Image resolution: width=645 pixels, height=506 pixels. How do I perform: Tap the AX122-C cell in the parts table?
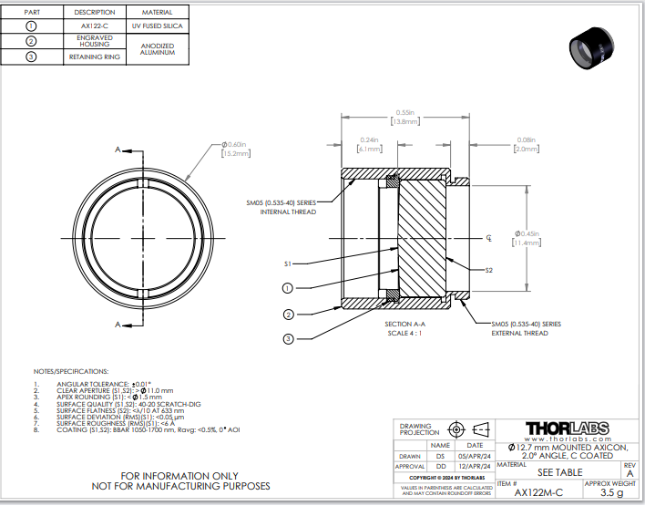pyautogui.click(x=94, y=26)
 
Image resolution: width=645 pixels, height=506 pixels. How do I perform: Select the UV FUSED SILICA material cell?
pyautogui.click(x=158, y=26)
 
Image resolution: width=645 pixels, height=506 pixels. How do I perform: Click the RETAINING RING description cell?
pyautogui.click(x=94, y=57)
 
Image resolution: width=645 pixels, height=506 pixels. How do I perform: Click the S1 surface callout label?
pyautogui.click(x=287, y=263)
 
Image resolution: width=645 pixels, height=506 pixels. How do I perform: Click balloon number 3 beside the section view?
pyautogui.click(x=287, y=338)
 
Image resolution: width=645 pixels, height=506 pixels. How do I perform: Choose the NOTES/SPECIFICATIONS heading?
pyautogui.click(x=70, y=371)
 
